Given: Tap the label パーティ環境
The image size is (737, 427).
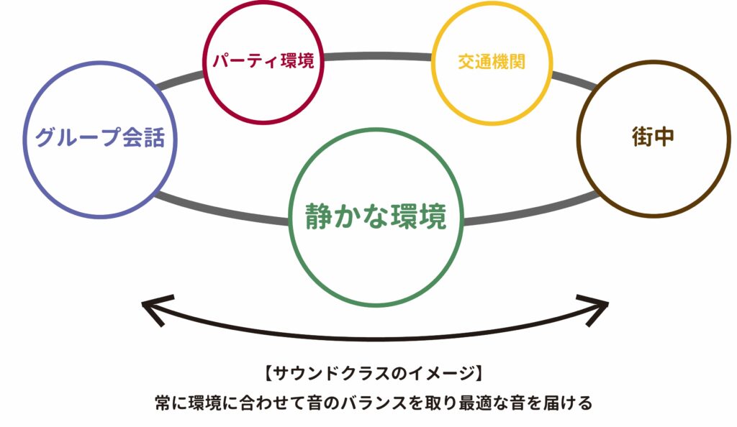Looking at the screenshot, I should tap(263, 60).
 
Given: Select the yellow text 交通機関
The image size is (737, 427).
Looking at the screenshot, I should tap(492, 61).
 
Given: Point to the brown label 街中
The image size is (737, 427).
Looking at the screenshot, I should tap(654, 137).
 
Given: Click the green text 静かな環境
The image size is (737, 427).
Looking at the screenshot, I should tap(376, 215).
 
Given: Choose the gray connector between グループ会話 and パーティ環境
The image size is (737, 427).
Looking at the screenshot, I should tap(180, 81).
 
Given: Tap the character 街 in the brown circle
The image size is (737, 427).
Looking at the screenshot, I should tap(642, 137).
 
